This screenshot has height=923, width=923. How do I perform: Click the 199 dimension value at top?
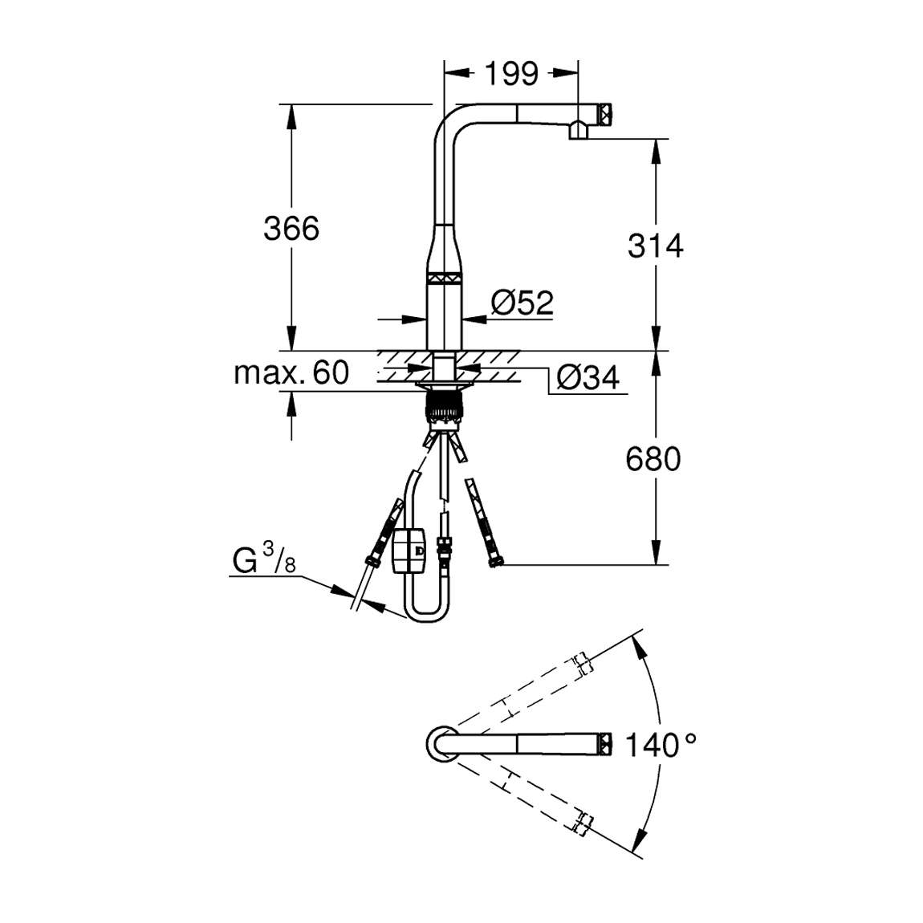(x=511, y=74)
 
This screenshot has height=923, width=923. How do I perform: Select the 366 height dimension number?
(x=291, y=229)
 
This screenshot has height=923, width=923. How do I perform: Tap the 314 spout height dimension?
(x=655, y=246)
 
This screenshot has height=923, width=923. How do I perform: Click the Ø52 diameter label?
(x=522, y=303)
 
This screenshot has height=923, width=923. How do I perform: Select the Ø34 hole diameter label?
(x=588, y=377)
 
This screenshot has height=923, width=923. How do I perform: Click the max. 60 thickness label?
(x=291, y=372)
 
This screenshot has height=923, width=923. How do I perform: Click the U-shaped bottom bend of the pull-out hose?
(x=425, y=613)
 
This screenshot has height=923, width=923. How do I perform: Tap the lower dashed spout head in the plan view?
(x=583, y=823)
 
